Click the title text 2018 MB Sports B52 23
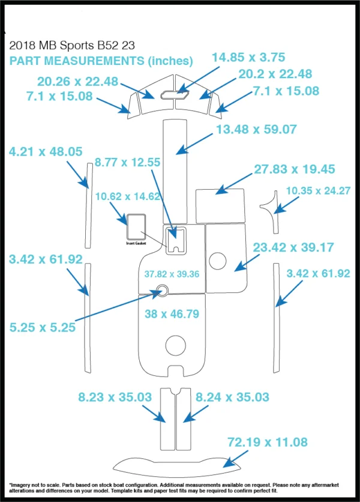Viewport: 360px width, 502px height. click(x=72, y=46)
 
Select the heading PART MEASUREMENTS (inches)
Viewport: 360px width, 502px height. click(x=101, y=61)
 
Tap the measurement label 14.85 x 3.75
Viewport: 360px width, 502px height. click(x=248, y=57)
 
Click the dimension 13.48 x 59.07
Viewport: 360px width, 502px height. click(x=256, y=129)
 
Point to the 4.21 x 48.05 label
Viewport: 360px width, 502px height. click(x=46, y=151)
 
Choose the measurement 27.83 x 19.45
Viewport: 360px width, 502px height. click(x=295, y=169)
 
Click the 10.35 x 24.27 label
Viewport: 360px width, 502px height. click(x=318, y=191)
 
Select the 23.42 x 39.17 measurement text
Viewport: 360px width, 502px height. click(x=293, y=247)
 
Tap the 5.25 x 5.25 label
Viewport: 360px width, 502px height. click(x=43, y=327)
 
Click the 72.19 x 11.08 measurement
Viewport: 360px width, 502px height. click(x=268, y=442)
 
